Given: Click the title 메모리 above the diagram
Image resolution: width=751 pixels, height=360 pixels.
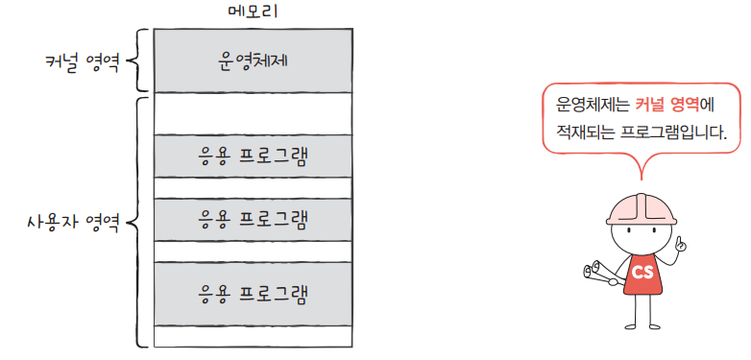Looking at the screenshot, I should (x=253, y=12).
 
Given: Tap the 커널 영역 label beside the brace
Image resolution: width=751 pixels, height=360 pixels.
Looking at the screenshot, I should (x=83, y=62).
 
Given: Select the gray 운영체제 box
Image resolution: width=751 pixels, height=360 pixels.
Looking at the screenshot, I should (x=253, y=60).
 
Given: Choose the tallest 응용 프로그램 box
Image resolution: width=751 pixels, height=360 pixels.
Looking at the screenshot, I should (x=253, y=292).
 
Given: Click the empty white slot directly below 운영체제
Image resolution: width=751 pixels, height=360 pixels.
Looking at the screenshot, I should (x=253, y=113).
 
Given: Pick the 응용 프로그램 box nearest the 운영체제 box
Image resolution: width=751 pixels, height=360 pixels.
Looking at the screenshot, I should (x=253, y=156).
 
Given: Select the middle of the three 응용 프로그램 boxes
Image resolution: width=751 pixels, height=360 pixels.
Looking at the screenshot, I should (x=253, y=219).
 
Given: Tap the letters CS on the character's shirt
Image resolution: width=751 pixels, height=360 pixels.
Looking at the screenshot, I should (x=642, y=273).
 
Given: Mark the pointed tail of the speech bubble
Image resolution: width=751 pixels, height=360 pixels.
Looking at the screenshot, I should (x=641, y=171).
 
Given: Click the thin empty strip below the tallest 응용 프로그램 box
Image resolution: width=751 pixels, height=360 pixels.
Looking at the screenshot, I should (x=253, y=336).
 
